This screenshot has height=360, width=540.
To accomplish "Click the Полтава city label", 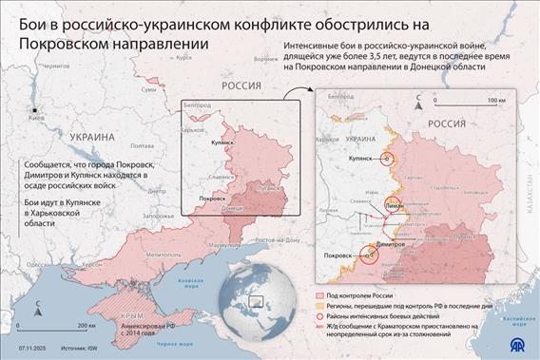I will (140, 145).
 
